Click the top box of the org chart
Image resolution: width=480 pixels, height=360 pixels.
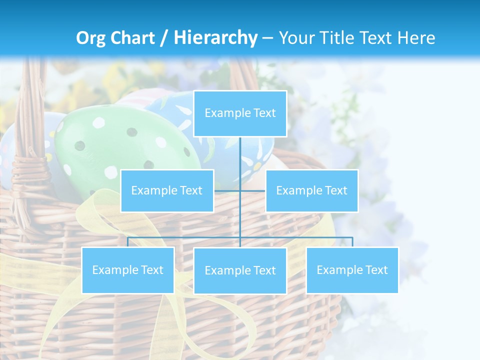(x=240, y=113)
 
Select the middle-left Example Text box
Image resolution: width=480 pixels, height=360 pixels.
(x=167, y=190)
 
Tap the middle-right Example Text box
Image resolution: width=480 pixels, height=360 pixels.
(x=311, y=190)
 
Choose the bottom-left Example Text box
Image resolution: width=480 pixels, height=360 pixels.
(x=127, y=270)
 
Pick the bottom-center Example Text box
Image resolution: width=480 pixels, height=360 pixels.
(x=240, y=270)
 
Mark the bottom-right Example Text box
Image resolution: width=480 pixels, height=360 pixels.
(x=352, y=270)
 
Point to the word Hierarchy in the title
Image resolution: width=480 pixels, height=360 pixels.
(x=215, y=38)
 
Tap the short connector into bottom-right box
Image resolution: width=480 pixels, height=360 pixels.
(x=352, y=242)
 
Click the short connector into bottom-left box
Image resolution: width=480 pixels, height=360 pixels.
(x=127, y=242)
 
